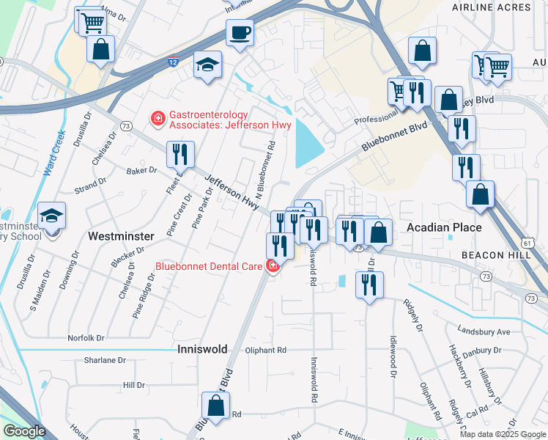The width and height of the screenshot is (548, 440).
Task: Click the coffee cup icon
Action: [x=240, y=33]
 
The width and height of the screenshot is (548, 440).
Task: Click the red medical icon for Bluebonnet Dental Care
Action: [x=273, y=265]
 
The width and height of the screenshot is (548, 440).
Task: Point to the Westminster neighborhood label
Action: [x=121, y=237]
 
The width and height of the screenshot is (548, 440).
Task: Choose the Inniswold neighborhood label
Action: [x=202, y=350]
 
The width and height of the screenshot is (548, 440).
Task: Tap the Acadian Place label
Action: [x=444, y=227]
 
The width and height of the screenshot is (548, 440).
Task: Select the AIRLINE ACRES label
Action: [x=502, y=7]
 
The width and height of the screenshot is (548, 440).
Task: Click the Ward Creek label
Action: [x=53, y=155]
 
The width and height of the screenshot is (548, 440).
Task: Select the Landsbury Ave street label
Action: [x=483, y=331]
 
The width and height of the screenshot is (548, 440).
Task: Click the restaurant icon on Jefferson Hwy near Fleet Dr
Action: [x=180, y=155]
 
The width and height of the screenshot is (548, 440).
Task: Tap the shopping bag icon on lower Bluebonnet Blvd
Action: [x=216, y=406]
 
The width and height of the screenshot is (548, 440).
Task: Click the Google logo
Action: [x=24, y=432]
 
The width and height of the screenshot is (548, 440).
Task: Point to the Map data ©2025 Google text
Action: [x=502, y=434]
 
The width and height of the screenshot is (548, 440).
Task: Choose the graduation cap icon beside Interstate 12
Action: [x=207, y=65]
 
